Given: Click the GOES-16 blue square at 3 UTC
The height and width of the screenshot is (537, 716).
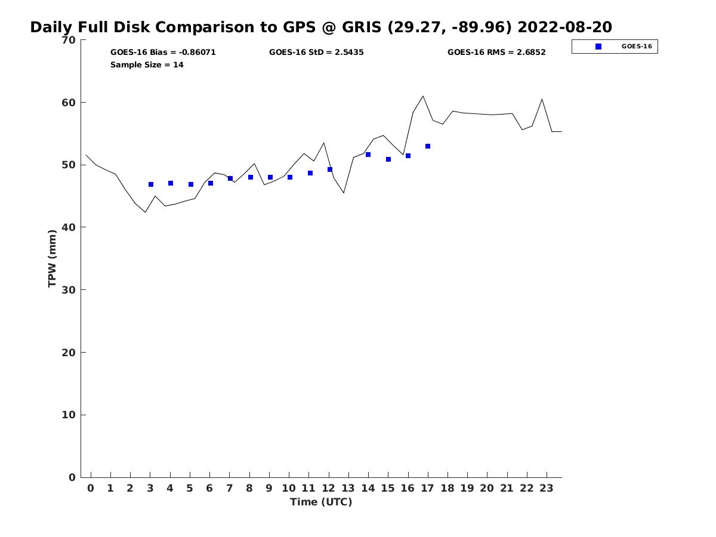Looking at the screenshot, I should click(151, 184).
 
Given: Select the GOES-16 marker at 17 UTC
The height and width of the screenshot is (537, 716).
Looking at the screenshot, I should click(428, 146).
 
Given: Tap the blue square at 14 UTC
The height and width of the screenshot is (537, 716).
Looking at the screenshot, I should click(368, 155).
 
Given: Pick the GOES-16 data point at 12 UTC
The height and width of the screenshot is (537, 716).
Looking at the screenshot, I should click(330, 169).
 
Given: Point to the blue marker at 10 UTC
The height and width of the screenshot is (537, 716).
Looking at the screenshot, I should click(290, 177).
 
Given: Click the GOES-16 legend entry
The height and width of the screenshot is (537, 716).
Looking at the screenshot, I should click(615, 47).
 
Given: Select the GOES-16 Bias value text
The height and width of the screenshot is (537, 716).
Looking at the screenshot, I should click(163, 53).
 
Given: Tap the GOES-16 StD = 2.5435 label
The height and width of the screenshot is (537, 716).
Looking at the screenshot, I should click(316, 53).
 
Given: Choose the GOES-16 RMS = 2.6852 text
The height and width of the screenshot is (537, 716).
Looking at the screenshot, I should click(496, 53).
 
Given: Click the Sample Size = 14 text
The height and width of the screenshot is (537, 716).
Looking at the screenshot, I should click(147, 65).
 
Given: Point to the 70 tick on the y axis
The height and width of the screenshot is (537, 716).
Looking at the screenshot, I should click(69, 40).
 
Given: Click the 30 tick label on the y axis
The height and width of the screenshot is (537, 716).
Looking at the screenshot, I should click(69, 290).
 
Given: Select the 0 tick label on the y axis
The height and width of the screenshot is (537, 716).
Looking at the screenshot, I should click(72, 477).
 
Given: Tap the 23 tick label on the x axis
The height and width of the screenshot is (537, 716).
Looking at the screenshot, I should click(547, 489).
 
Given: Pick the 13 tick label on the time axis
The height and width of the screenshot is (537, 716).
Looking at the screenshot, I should click(348, 489).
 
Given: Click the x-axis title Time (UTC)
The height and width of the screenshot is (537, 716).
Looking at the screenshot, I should click(321, 502).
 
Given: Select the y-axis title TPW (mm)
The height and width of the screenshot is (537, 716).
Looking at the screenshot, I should click(53, 258).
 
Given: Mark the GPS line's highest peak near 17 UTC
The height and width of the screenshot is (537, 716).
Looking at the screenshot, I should click(423, 96).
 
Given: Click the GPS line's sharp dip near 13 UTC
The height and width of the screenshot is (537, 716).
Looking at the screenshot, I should click(344, 193).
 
